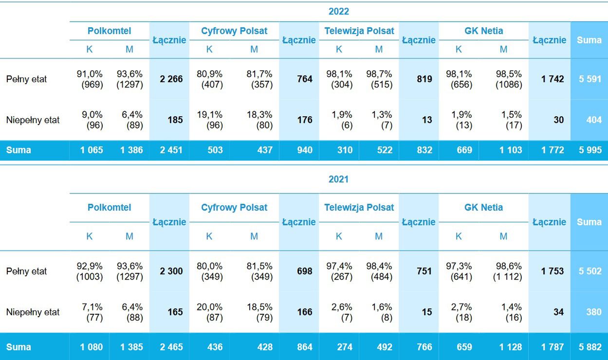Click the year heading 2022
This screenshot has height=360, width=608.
click(338, 12)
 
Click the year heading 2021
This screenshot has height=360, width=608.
click(338, 179)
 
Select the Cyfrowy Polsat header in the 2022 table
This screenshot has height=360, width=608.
click(234, 31)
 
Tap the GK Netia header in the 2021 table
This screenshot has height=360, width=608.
click(483, 207)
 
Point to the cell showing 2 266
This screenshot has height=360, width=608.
click(171, 79)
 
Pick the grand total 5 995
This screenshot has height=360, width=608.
click(590, 150)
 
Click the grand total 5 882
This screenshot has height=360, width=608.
click(590, 347)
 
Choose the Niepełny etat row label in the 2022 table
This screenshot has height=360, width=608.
click(33, 120)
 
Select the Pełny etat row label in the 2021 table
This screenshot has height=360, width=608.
click(26, 271)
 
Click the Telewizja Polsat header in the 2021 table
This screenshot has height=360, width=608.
click(359, 207)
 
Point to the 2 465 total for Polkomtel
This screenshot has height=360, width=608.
click(171, 347)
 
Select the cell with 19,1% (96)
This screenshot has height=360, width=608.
click(209, 120)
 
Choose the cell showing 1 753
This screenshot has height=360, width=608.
click(553, 271)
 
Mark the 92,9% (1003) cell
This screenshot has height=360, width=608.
click(90, 271)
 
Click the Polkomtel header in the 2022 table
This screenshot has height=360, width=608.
click(110, 31)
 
